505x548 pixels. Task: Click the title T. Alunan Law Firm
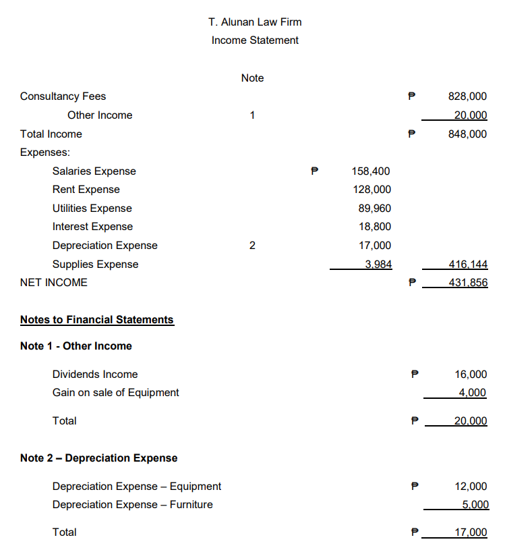(x=255, y=22)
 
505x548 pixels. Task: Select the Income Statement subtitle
(x=255, y=40)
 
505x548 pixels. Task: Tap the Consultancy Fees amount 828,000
(x=467, y=97)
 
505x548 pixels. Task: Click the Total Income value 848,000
(x=467, y=134)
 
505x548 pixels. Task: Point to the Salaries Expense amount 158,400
(x=371, y=171)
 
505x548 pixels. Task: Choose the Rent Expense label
(x=86, y=190)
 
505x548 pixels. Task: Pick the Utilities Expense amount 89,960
(x=374, y=209)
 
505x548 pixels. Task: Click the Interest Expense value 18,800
(x=374, y=227)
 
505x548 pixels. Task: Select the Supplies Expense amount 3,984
(x=378, y=264)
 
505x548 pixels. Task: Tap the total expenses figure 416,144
(x=467, y=264)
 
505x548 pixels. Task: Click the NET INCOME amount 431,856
(x=467, y=283)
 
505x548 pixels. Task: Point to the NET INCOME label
(x=54, y=283)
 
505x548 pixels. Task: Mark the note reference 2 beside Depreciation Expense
(x=252, y=246)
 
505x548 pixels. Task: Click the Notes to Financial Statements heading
(x=96, y=319)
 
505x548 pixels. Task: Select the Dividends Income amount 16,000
(x=471, y=374)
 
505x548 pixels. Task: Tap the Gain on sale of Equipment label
(x=115, y=392)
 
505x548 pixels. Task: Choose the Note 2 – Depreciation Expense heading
(x=98, y=458)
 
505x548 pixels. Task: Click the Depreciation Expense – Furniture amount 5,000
(x=474, y=504)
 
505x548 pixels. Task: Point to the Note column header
(x=252, y=78)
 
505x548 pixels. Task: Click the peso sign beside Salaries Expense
(x=314, y=171)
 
